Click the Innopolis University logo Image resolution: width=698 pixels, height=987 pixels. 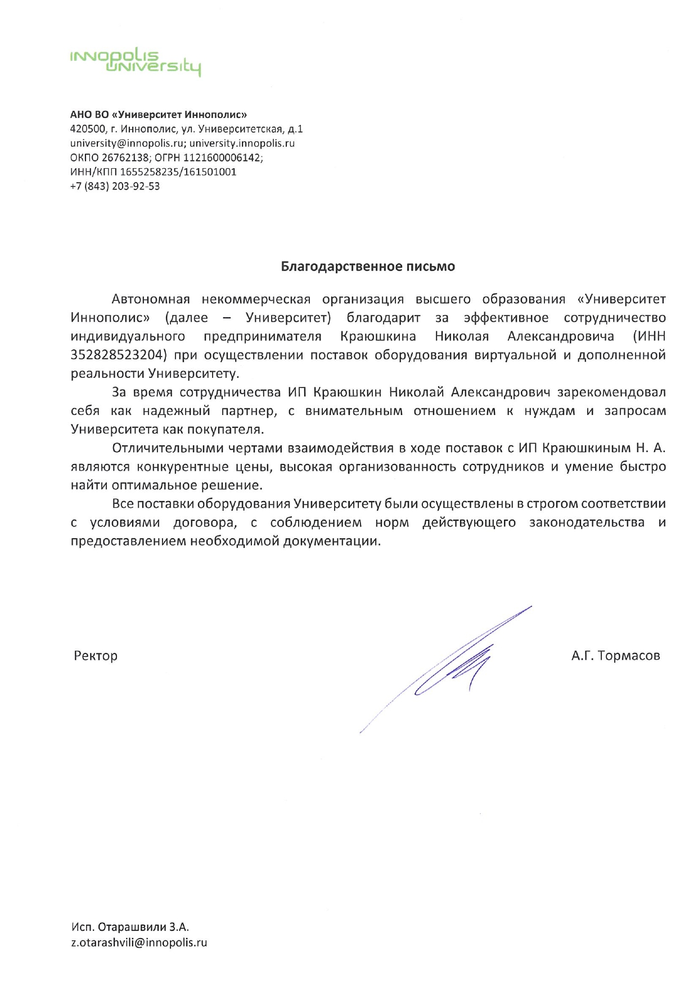[135, 62]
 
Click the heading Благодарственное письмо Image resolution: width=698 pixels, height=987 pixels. [368, 267]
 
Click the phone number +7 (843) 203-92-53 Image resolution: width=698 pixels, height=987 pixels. [115, 186]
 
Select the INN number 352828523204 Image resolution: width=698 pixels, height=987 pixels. [119, 355]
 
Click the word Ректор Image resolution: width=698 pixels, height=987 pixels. [96, 656]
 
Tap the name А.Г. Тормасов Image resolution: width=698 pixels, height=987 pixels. [615, 656]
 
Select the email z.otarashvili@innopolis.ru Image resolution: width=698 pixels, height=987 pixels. [139, 943]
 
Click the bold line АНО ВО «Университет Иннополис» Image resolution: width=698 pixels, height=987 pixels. [159, 115]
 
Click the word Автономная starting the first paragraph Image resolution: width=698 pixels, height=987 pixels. [151, 299]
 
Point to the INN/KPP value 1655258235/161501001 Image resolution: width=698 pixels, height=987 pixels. [178, 172]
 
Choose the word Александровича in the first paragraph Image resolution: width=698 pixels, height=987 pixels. [560, 336]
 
